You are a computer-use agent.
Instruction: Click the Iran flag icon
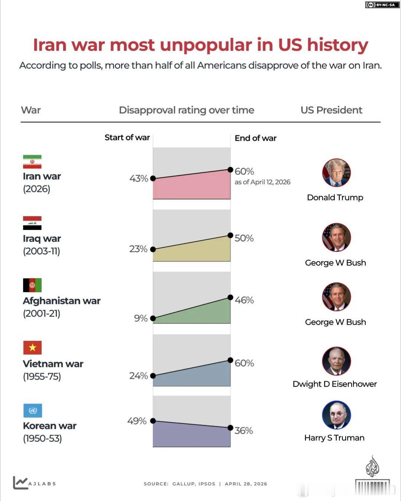[32, 162]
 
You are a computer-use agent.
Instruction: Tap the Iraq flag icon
[32, 223]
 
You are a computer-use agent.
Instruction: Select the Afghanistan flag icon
[32, 285]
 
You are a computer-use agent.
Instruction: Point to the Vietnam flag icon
[32, 348]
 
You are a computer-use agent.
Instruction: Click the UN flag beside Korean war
[32, 410]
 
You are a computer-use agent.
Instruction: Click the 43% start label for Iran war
[138, 179]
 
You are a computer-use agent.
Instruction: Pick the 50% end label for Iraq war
[244, 238]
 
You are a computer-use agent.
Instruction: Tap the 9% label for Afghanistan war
[141, 318]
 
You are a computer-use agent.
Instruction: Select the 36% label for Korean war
[244, 430]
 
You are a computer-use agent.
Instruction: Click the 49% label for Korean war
[137, 421]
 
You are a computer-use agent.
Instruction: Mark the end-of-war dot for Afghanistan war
[230, 297]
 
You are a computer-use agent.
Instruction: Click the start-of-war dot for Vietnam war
[153, 376]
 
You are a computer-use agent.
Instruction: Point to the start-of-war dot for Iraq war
[153, 249]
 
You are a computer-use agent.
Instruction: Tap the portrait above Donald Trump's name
[336, 173]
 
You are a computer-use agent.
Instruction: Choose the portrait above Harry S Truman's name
[336, 415]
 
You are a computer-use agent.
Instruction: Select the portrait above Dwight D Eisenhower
[336, 361]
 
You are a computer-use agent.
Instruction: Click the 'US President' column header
[331, 110]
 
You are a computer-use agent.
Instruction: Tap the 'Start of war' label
[127, 137]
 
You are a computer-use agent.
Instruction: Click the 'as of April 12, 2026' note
[263, 182]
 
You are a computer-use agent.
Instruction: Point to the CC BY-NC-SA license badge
[381, 5]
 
